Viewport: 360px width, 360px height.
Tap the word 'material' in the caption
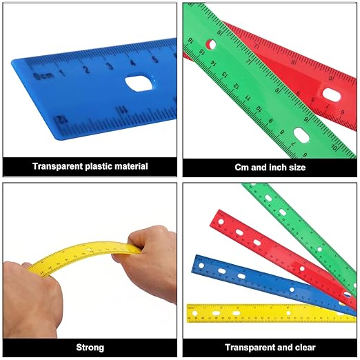pyautogui.click(x=130, y=166)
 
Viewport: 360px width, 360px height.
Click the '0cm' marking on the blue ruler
pyautogui.click(x=46, y=74)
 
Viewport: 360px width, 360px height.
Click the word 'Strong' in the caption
pyautogui.click(x=90, y=347)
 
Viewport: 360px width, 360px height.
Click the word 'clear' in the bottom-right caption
pyautogui.click(x=303, y=347)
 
